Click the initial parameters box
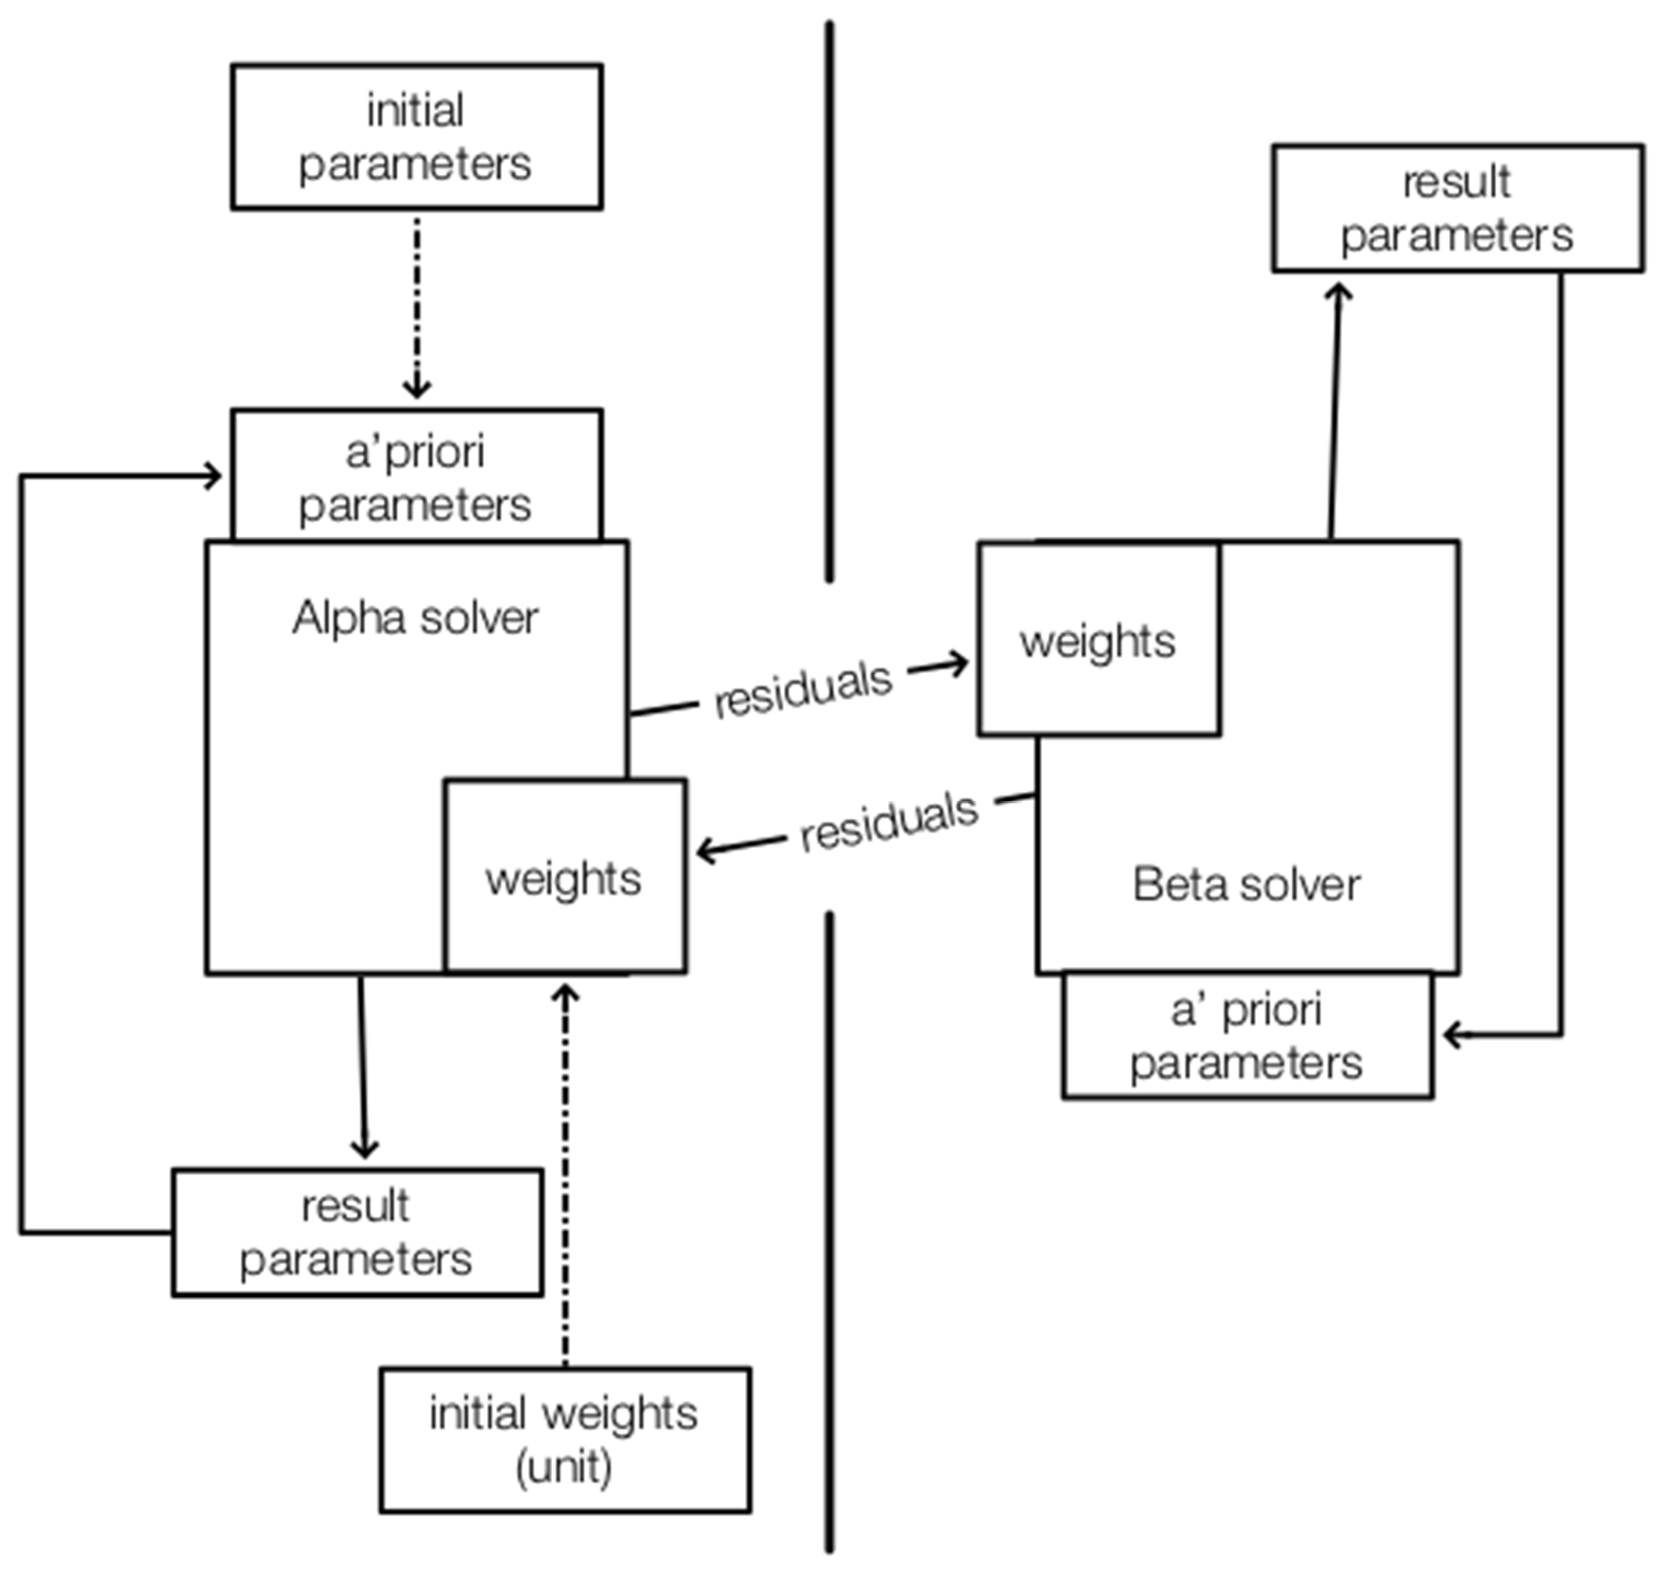click(x=417, y=137)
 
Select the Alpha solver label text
click(x=415, y=618)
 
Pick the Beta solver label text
click(x=1246, y=885)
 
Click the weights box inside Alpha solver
click(x=564, y=877)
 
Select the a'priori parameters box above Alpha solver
click(x=417, y=477)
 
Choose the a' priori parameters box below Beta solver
click(x=1247, y=1035)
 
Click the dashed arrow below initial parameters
click(x=417, y=304)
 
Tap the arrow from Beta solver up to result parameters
click(x=1335, y=413)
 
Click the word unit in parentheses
click(x=563, y=1467)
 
